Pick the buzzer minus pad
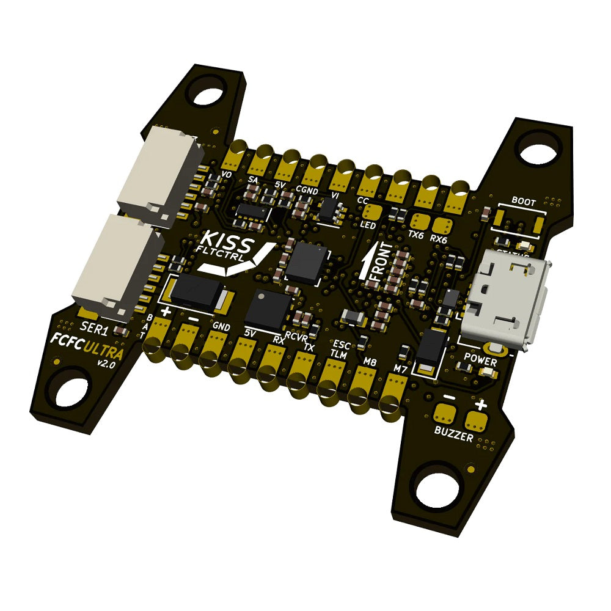(445, 414)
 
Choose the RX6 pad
(442, 224)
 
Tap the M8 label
(370, 362)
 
